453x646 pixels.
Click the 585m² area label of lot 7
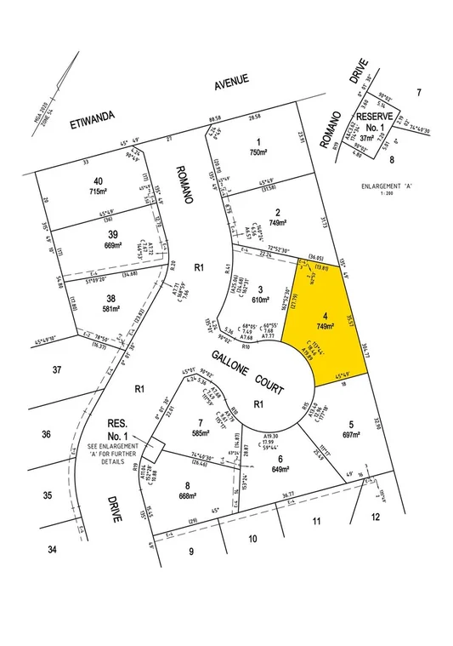click(x=199, y=433)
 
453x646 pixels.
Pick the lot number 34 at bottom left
click(x=52, y=550)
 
